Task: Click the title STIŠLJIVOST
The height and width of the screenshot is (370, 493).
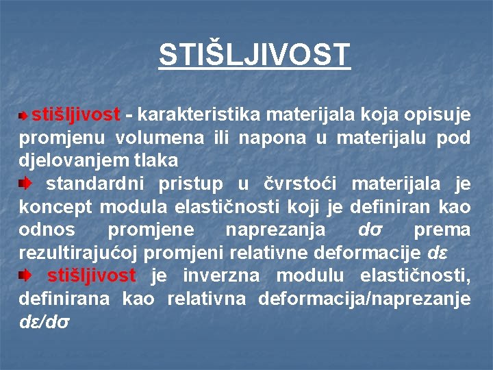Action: pyautogui.click(x=254, y=55)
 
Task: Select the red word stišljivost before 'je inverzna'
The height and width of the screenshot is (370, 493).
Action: pyautogui.click(x=91, y=275)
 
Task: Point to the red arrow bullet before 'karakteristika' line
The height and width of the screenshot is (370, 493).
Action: pyautogui.click(x=24, y=115)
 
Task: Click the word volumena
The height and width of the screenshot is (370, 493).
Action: pyautogui.click(x=160, y=137)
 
